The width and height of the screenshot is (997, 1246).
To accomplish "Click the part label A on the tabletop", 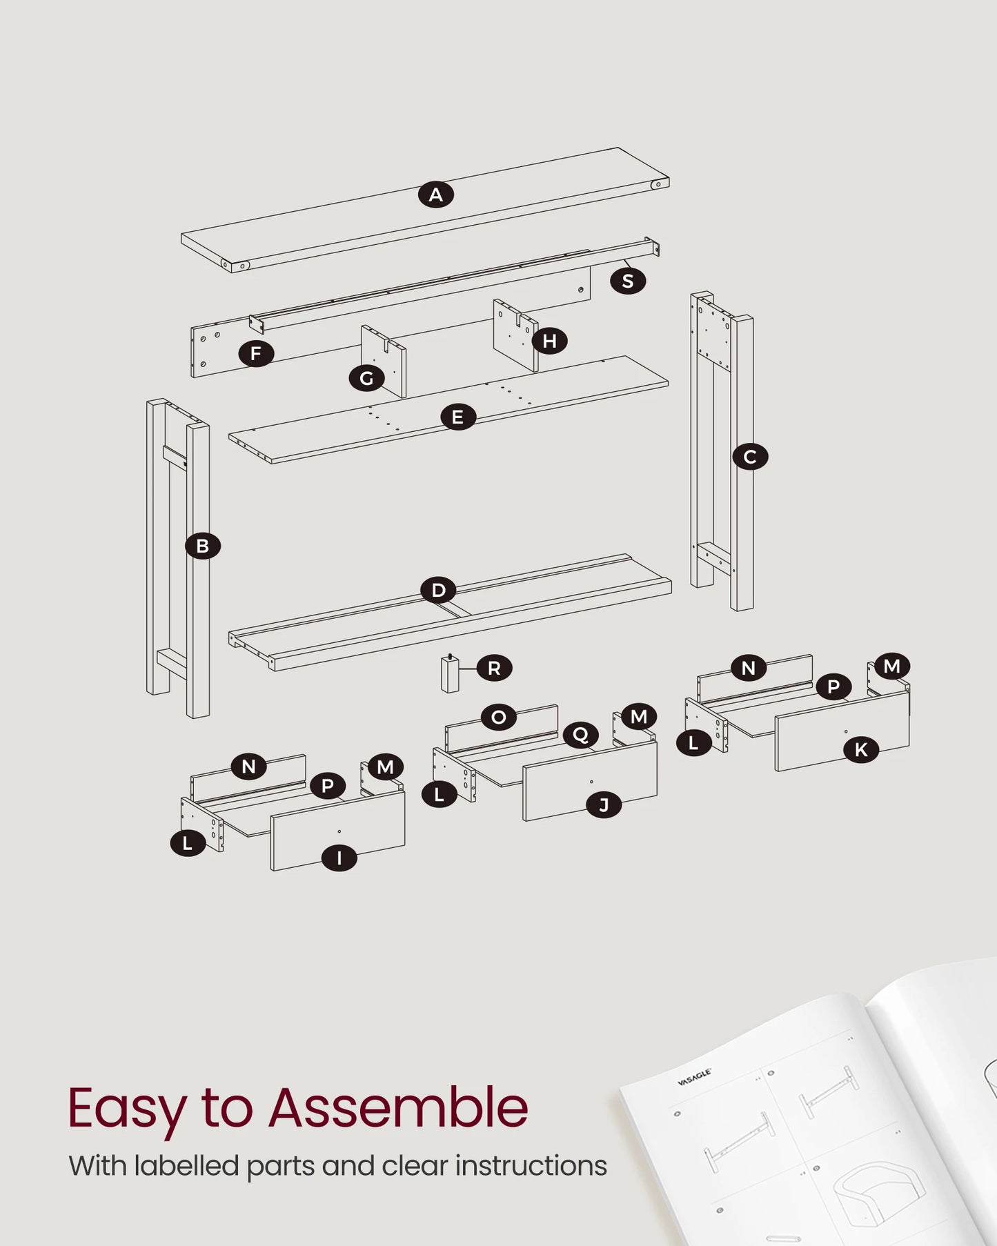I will pyautogui.click(x=436, y=195).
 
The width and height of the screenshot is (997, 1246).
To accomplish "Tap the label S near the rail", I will pyautogui.click(x=627, y=281).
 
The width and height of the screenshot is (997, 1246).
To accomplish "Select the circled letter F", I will pyautogui.click(x=256, y=354).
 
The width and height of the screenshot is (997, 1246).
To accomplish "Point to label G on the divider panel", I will pyautogui.click(x=366, y=378).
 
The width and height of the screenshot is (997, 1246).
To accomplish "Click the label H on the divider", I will pyautogui.click(x=549, y=341).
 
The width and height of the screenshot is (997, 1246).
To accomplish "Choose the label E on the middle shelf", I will pyautogui.click(x=457, y=417).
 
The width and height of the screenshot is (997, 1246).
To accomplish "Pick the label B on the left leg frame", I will pyautogui.click(x=202, y=546).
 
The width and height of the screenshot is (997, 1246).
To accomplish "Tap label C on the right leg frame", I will pyautogui.click(x=750, y=457).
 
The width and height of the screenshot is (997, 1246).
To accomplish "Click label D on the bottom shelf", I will pyautogui.click(x=439, y=591).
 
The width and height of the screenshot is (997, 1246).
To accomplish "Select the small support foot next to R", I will pyautogui.click(x=450, y=674).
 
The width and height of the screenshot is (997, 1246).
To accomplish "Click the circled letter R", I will pyautogui.click(x=494, y=668).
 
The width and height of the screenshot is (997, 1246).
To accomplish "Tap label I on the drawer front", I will pyautogui.click(x=339, y=858).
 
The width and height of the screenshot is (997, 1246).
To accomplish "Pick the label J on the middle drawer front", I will pyautogui.click(x=604, y=805).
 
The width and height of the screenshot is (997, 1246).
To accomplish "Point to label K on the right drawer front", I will pyautogui.click(x=861, y=750).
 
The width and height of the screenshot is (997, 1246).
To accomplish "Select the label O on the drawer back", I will pyautogui.click(x=498, y=718).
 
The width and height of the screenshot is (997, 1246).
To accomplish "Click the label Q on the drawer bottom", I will pyautogui.click(x=580, y=735).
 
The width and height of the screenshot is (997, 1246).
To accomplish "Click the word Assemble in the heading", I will pyautogui.click(x=398, y=1108).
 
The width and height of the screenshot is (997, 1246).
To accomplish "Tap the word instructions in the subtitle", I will pyautogui.click(x=531, y=1165).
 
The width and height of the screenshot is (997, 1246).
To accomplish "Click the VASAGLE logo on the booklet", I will pyautogui.click(x=694, y=1077).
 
